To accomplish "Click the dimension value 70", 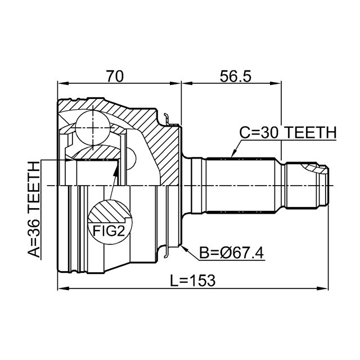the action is (x=115, y=76).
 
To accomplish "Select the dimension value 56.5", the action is (x=235, y=76).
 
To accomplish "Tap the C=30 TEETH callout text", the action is (x=288, y=133).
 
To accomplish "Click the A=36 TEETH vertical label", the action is (x=34, y=209).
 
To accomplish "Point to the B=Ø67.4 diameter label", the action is (x=231, y=253).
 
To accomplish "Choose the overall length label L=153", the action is (x=193, y=280).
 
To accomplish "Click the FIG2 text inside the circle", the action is (x=109, y=231).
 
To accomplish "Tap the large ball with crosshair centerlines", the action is (x=93, y=128).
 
